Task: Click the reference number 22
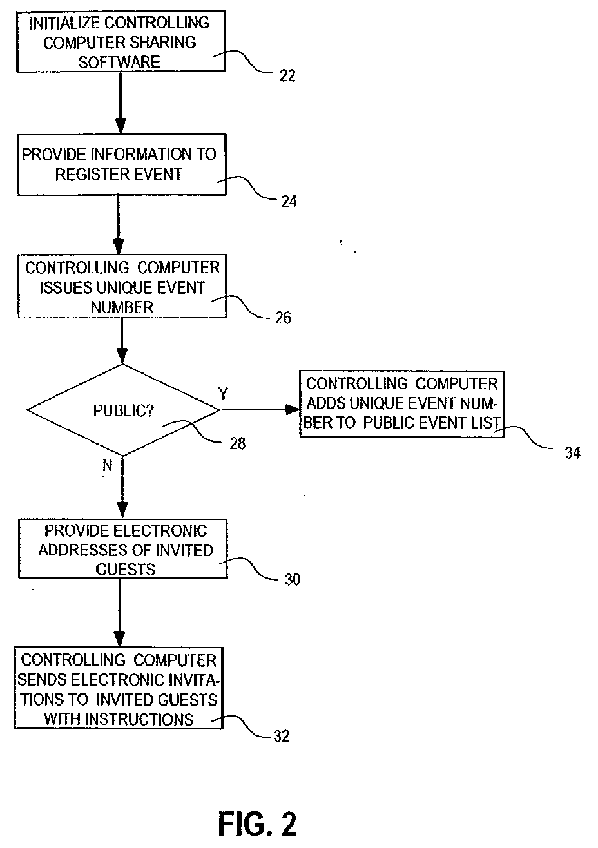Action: (287, 76)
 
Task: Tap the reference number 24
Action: (289, 202)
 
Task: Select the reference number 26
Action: (283, 318)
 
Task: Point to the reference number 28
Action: (238, 443)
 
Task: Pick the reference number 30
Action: (293, 579)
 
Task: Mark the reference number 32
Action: (282, 736)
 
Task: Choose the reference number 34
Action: (573, 453)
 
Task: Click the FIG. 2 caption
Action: (257, 824)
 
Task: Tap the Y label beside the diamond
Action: (224, 394)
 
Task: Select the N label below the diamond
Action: (108, 465)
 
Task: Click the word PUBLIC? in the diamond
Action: (124, 410)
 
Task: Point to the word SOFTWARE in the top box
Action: (119, 62)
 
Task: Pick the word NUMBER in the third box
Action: (122, 307)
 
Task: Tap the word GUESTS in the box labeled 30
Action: (125, 570)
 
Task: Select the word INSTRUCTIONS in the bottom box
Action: (139, 719)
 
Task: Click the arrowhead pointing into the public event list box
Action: (292, 409)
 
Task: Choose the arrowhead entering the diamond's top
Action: (122, 356)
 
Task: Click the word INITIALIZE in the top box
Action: (64, 23)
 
